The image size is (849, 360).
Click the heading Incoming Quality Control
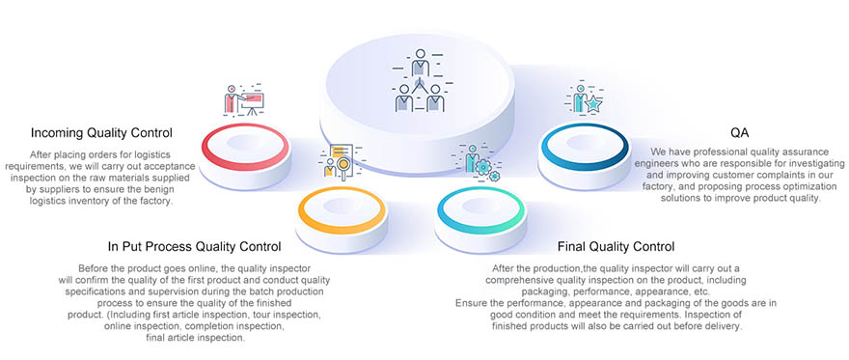[x=101, y=132]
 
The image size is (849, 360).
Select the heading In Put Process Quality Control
[x=194, y=247]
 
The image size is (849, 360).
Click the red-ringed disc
[x=246, y=147]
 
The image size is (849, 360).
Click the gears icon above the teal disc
[x=479, y=163]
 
